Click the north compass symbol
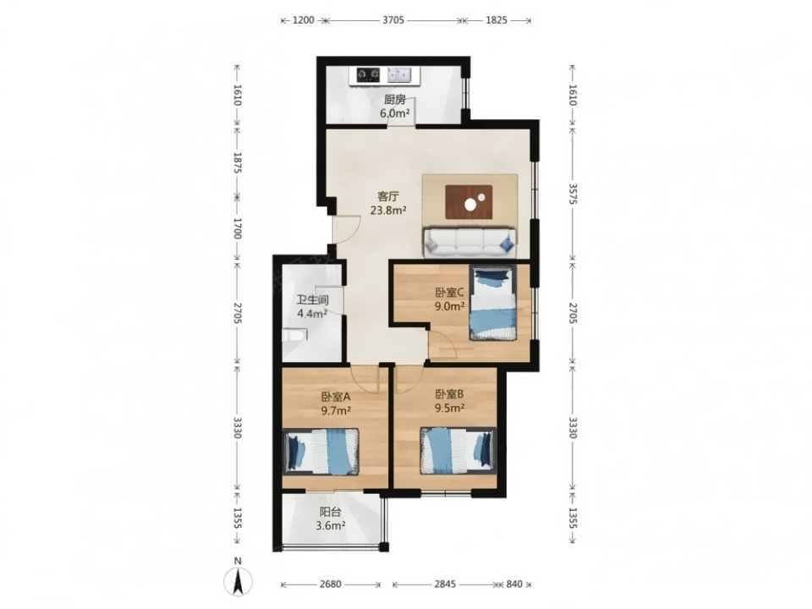point(239,581)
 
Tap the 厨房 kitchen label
point(395,100)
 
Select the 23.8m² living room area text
point(388,211)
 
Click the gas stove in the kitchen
point(369,75)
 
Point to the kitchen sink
point(399,75)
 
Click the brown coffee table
point(469,202)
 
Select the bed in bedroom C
point(493,303)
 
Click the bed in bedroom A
point(321,451)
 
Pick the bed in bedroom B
point(458,450)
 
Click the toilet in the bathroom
point(294,335)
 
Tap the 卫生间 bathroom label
point(312,300)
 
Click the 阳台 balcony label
point(331,513)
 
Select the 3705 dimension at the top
point(393,20)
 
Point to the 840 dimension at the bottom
point(514,584)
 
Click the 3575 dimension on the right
point(573,193)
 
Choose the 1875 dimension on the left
point(238,162)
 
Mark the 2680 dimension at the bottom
point(331,584)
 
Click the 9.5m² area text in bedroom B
point(449,408)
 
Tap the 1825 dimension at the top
point(497,20)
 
